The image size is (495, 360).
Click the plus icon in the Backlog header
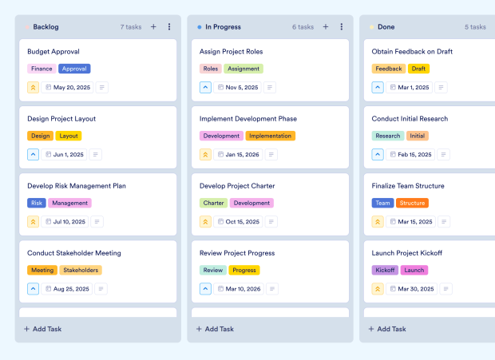pos(153,27)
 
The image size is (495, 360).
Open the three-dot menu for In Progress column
pos(341,27)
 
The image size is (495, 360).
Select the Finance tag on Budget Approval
pos(42,69)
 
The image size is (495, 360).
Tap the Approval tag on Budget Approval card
pos(74,69)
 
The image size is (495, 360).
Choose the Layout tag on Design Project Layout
pos(69,136)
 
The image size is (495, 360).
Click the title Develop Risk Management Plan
pos(77,186)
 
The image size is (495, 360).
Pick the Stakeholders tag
pos(80,270)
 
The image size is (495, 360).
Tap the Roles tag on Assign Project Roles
pos(211,69)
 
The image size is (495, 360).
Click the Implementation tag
pos(270,136)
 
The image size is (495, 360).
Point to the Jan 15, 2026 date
pos(242,155)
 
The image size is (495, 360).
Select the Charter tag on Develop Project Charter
pos(213,203)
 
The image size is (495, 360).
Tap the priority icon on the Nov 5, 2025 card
pos(205,88)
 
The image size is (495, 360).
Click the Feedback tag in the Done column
pos(389,69)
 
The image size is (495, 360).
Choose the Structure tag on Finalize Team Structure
pos(412,203)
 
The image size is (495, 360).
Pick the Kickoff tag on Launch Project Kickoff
pos(385,270)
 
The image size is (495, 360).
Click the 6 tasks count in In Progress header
pos(303,27)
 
